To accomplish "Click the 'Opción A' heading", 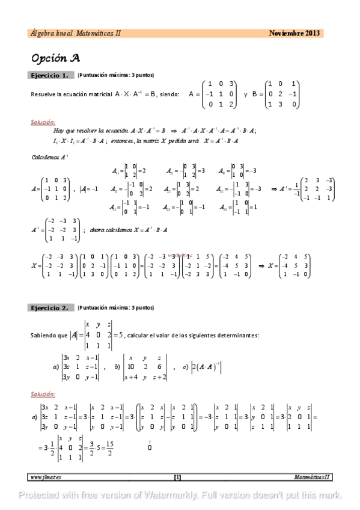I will click(55, 58).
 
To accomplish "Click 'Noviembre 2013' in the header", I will click(295, 33).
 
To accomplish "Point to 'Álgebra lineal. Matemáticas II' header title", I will click(75, 33).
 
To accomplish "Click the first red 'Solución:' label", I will click(43, 121).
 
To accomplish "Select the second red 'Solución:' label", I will click(43, 394).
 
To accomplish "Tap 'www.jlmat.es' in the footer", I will click(46, 477).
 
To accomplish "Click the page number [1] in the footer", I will click(177, 477).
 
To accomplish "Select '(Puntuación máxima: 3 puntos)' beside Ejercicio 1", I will click(115, 75).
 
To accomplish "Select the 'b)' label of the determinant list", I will click(118, 366).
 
